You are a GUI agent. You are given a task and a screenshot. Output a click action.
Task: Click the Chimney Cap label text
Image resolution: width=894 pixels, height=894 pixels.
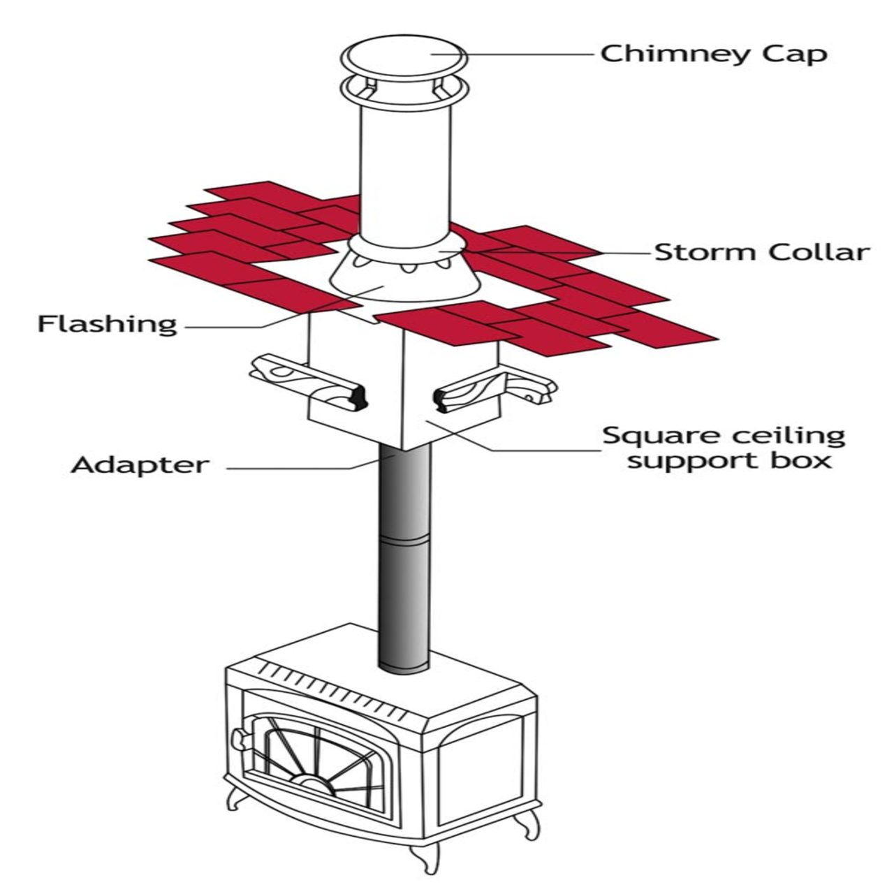tap(713, 54)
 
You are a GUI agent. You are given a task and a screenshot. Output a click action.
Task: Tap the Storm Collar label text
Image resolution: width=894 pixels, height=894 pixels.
tap(762, 251)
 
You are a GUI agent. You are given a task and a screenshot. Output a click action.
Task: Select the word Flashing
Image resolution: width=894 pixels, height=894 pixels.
tap(108, 324)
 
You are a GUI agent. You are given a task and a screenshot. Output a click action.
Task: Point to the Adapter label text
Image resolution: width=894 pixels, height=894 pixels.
tap(140, 464)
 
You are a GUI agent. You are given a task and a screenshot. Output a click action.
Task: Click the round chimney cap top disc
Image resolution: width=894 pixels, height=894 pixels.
tap(404, 56)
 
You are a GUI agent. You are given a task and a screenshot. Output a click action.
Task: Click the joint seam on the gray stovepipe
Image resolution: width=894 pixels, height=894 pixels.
tap(404, 542)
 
